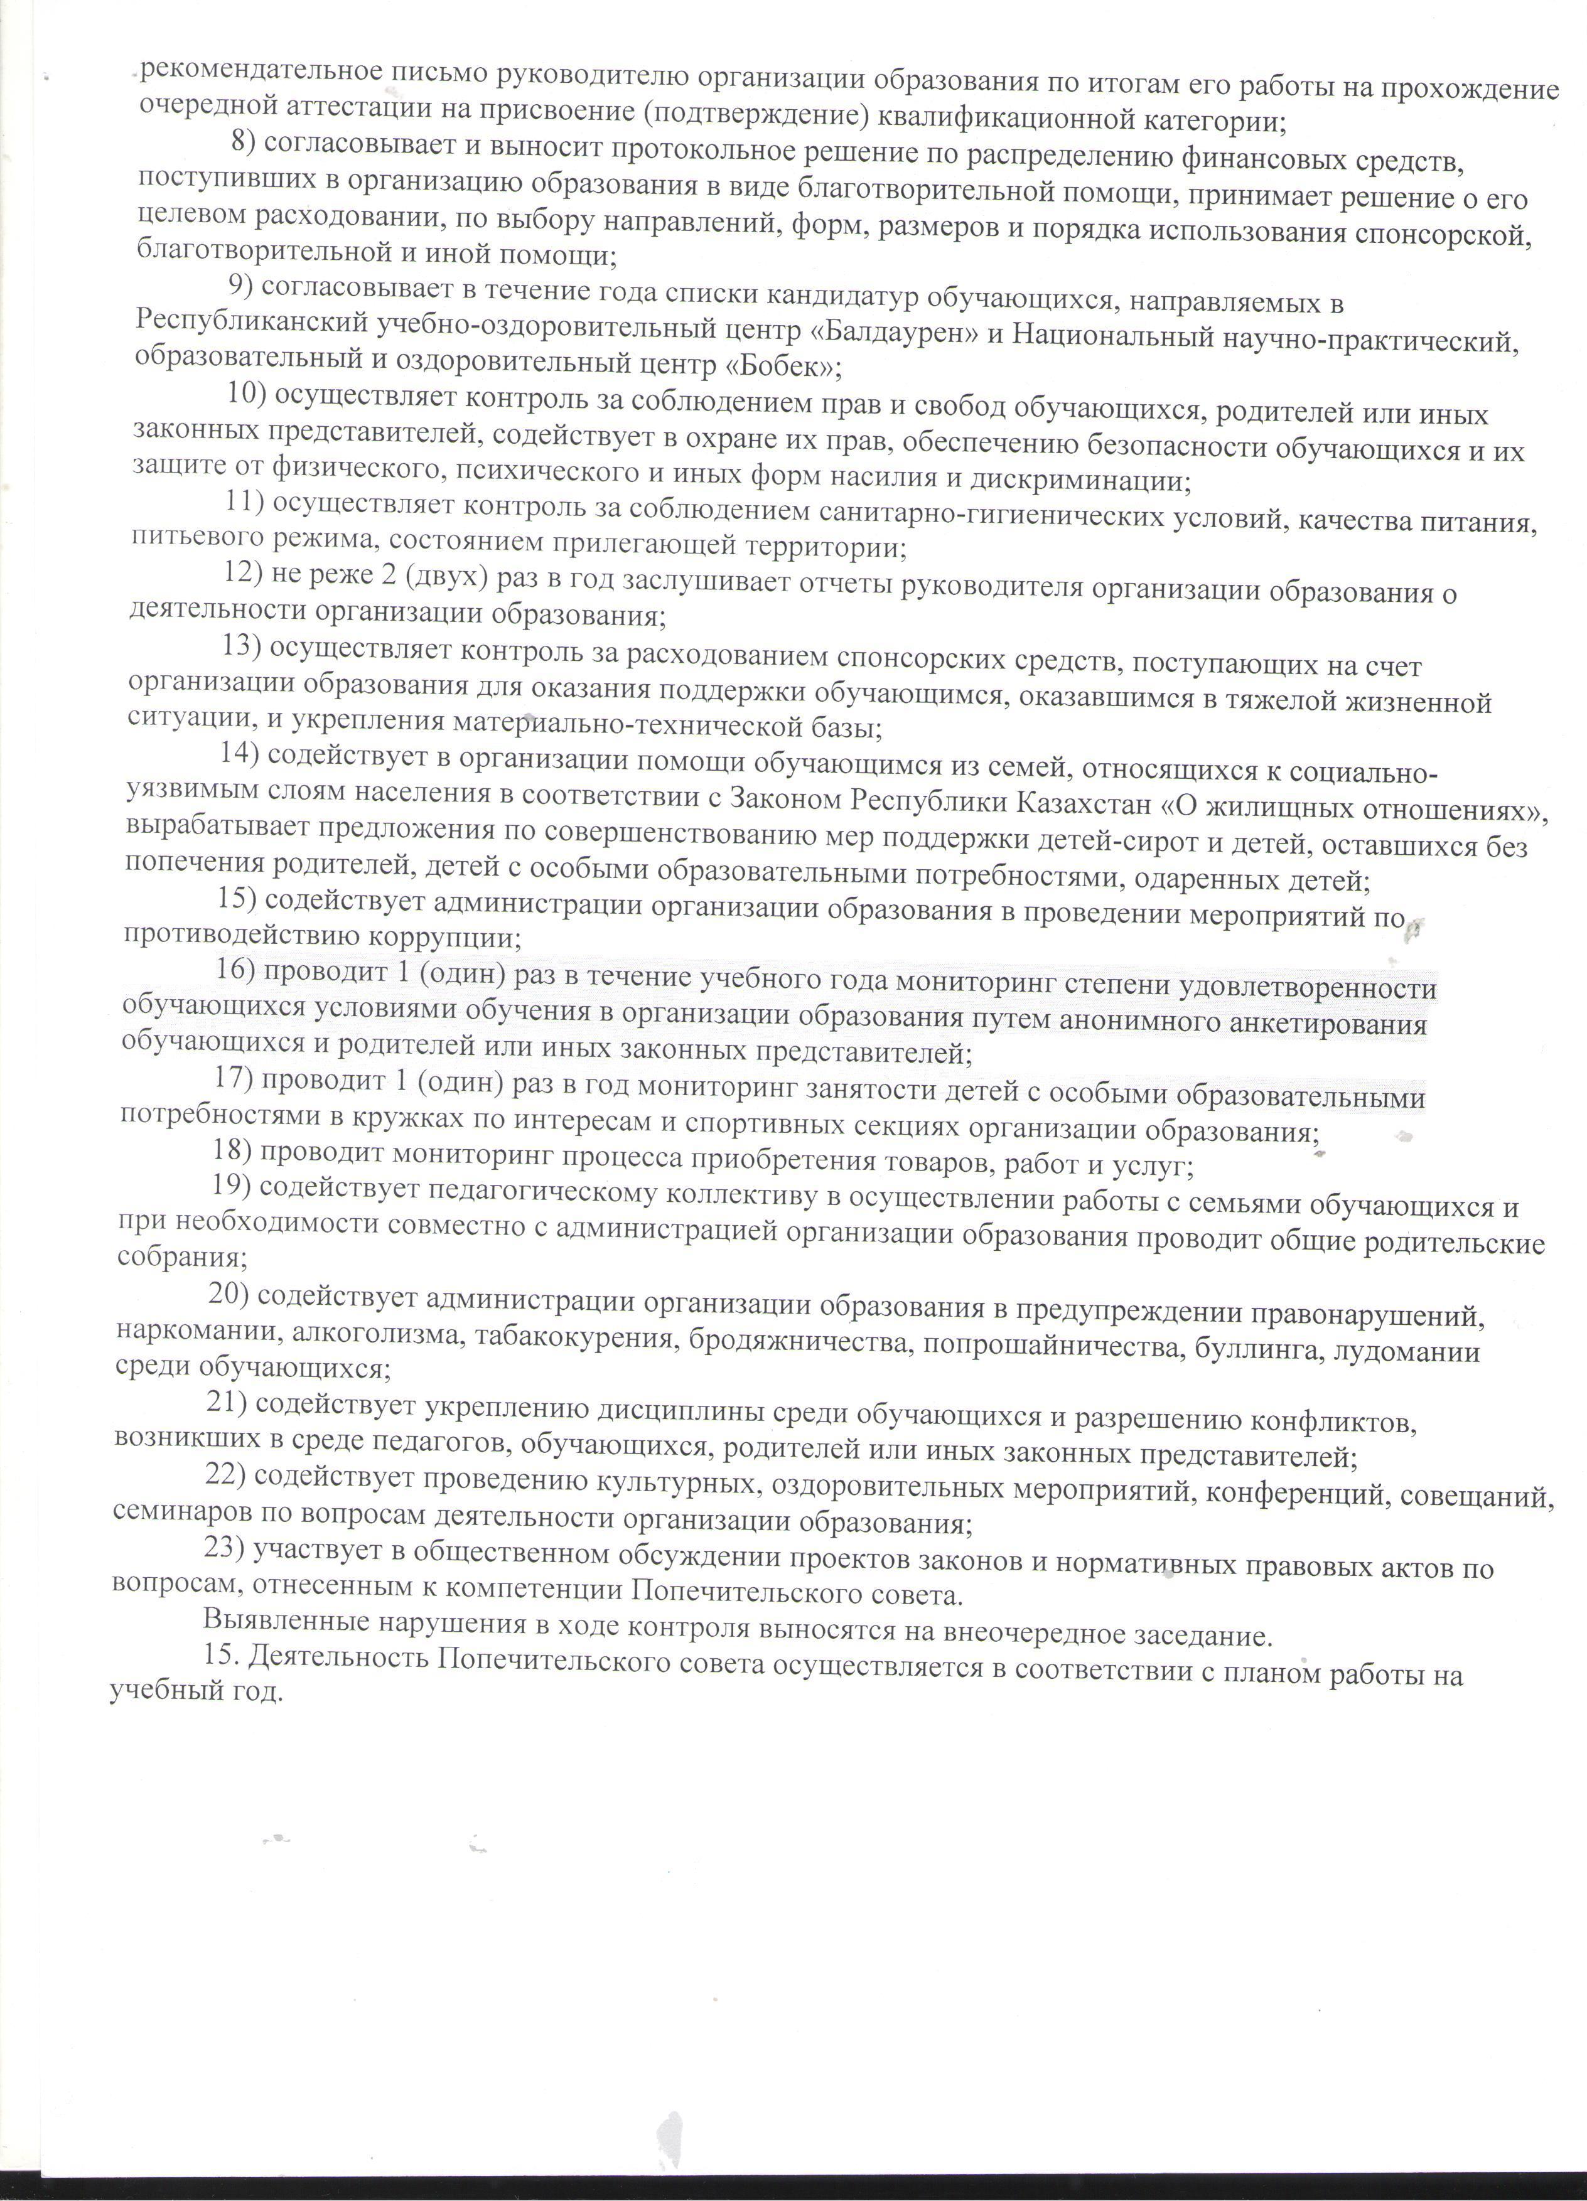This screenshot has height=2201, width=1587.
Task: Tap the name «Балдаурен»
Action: coord(893,332)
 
